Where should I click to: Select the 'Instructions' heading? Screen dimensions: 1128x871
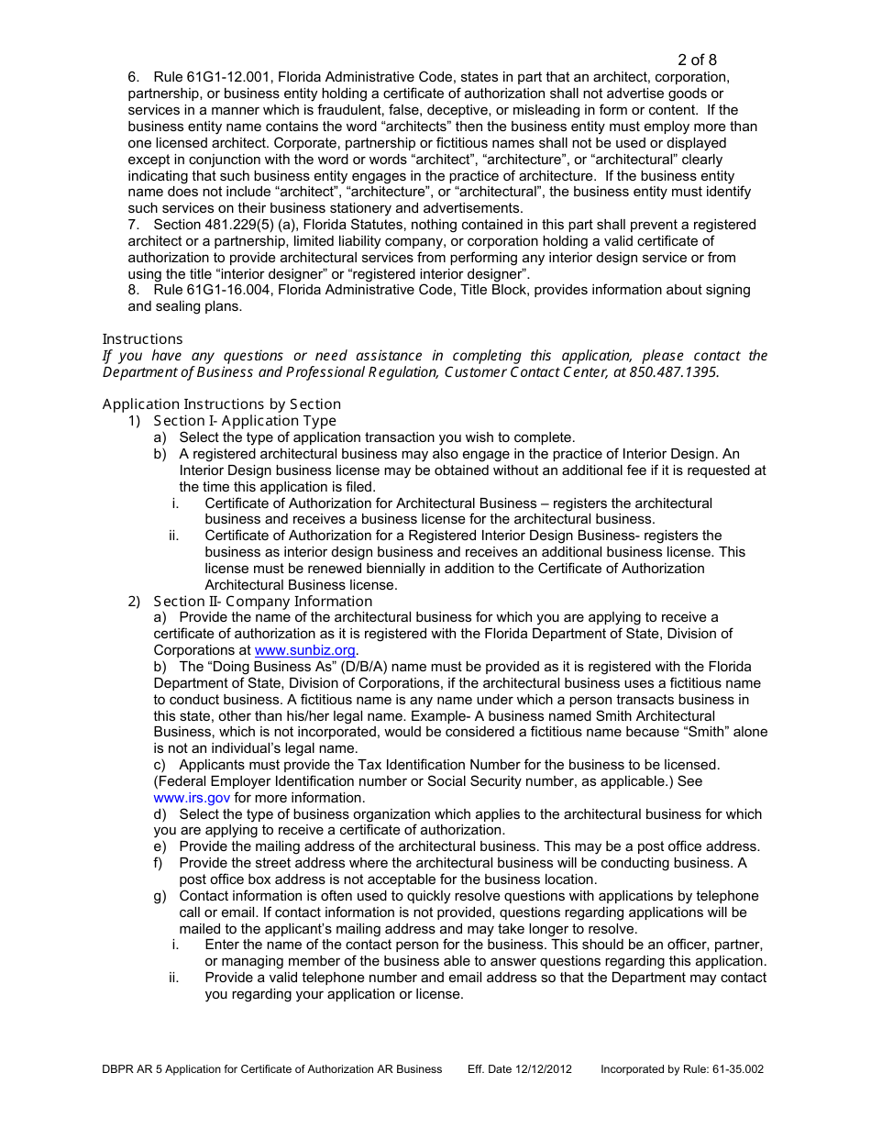(142, 338)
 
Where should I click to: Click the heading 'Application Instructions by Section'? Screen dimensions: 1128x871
(221, 404)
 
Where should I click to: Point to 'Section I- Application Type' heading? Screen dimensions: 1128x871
(245, 421)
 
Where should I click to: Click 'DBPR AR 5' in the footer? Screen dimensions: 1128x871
(133, 1069)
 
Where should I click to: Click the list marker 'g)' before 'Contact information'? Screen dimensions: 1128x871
(160, 896)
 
